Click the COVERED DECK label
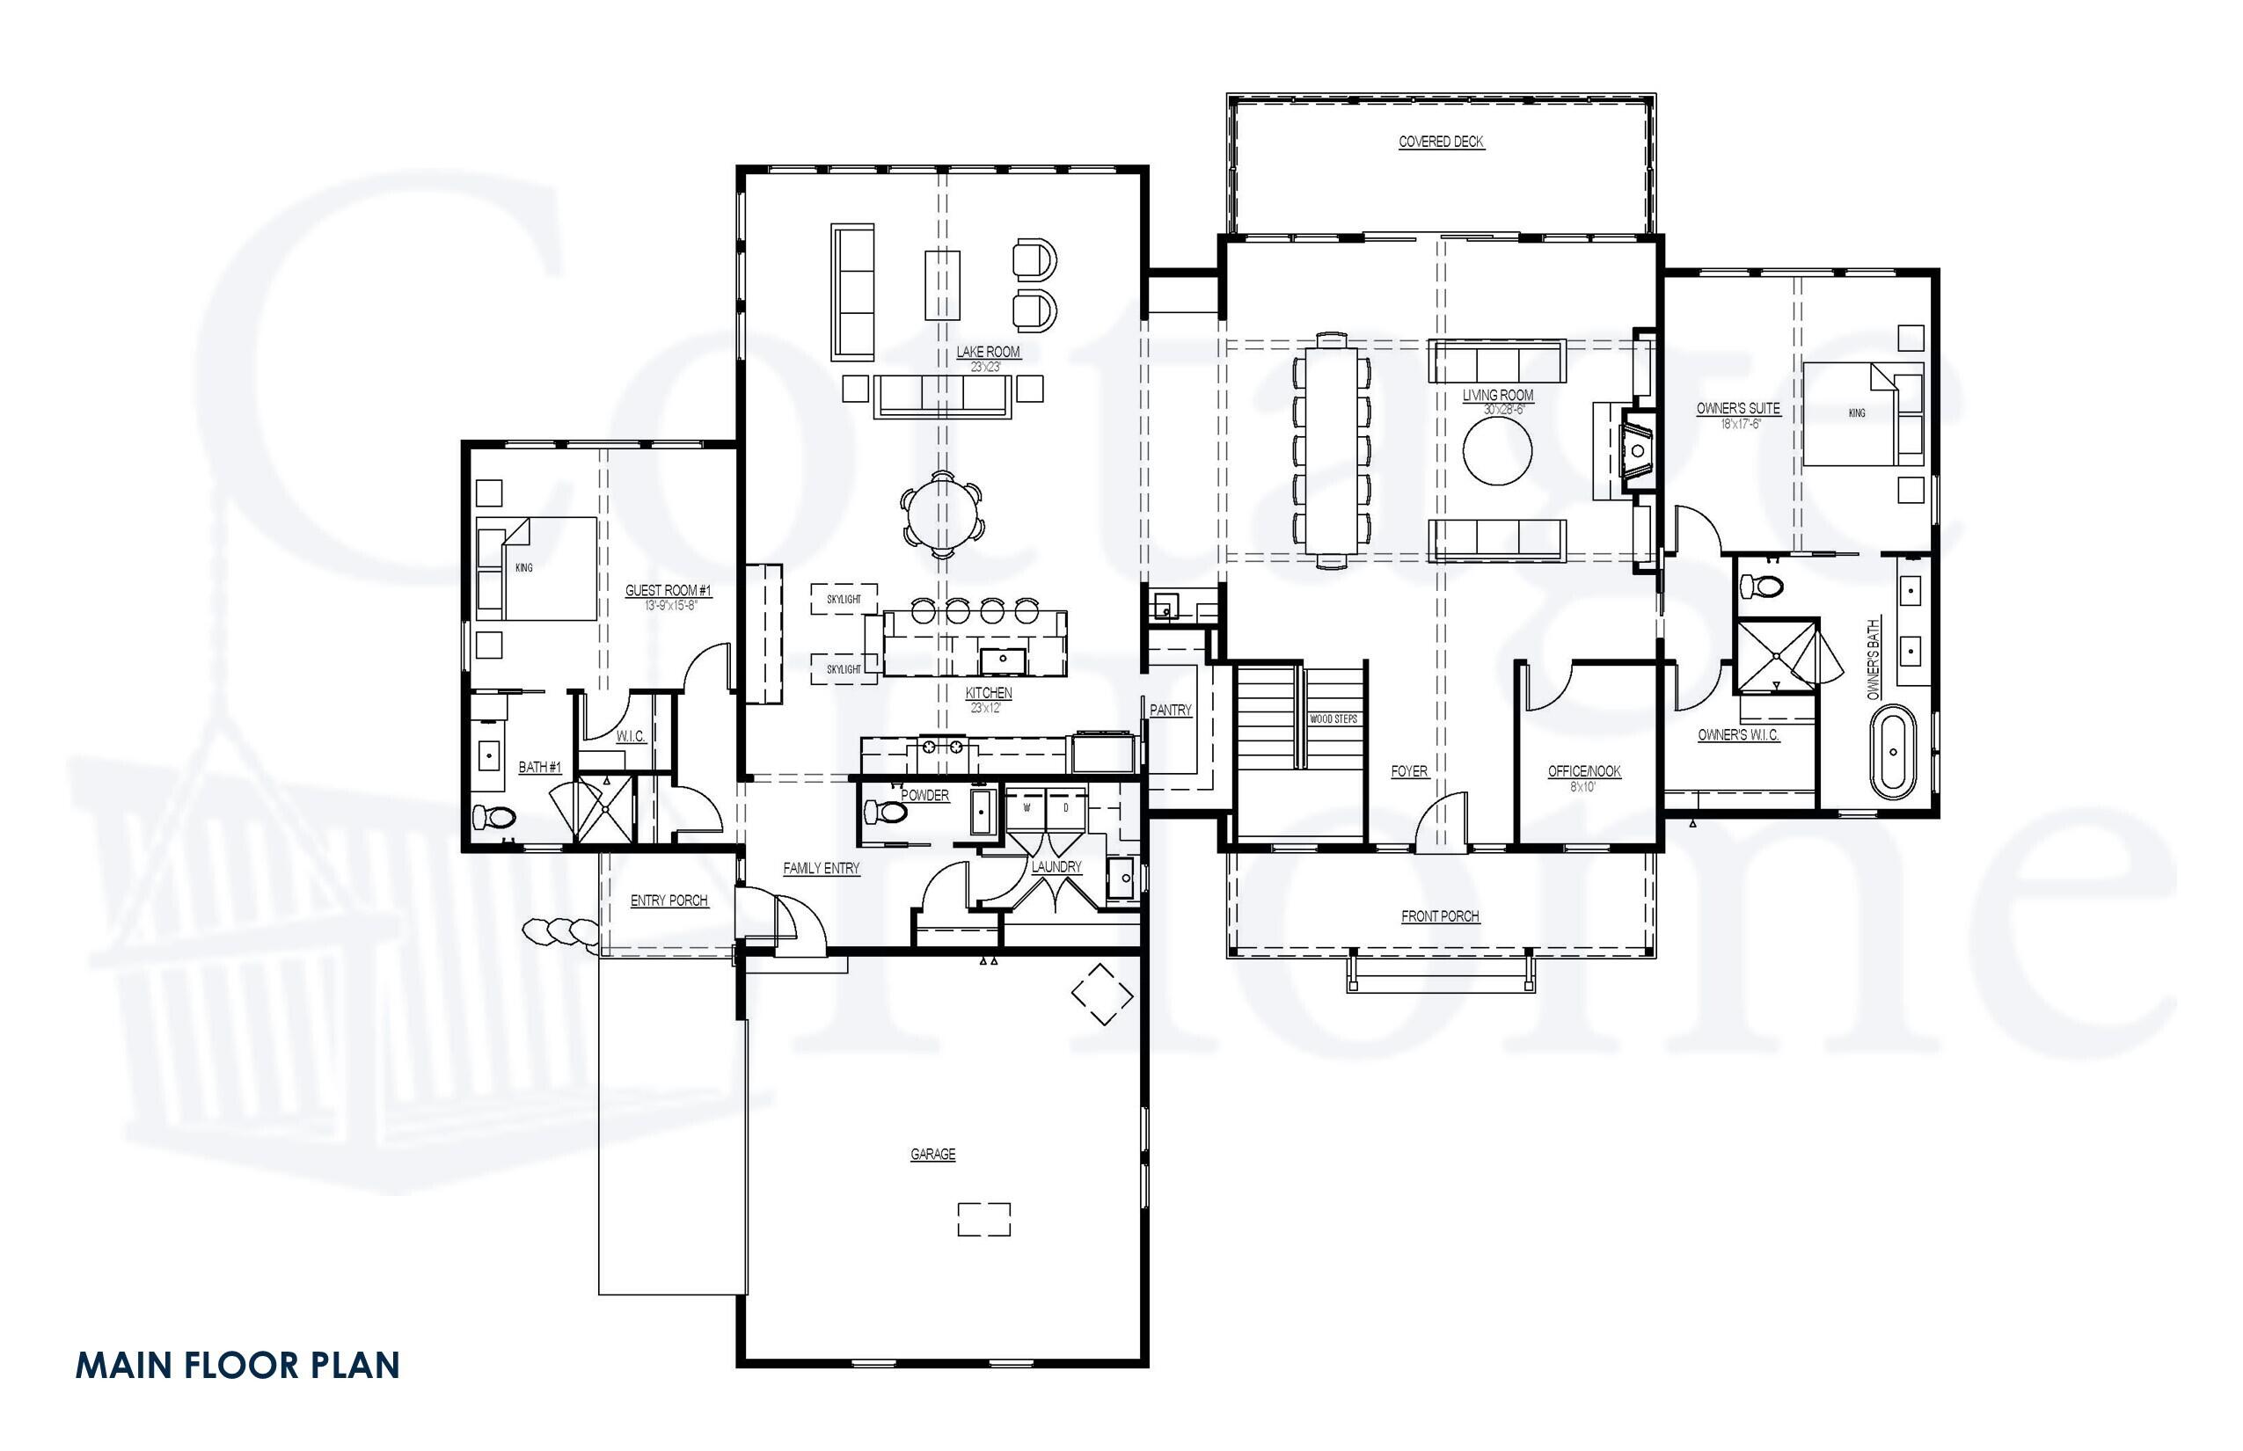1440,142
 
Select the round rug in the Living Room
1496,451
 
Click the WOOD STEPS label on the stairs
1333,719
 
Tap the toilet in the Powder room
884,811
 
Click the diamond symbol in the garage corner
1100,993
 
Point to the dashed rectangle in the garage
983,1218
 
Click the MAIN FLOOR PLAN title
237,1365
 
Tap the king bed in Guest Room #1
537,567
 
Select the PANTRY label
1170,711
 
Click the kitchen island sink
1002,660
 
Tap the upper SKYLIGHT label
844,599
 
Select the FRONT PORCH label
1439,915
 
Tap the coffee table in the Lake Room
941,283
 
